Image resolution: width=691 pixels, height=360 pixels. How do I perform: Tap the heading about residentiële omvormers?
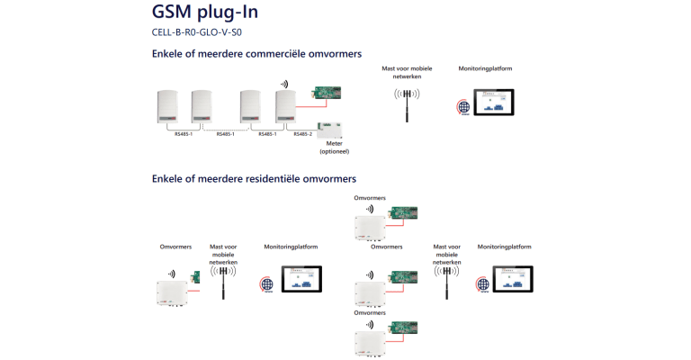254,178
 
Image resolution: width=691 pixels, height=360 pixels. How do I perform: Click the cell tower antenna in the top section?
407,102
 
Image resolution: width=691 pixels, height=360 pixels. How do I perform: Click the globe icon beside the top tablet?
463,107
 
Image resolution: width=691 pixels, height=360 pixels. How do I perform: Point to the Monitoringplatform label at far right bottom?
504,246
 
